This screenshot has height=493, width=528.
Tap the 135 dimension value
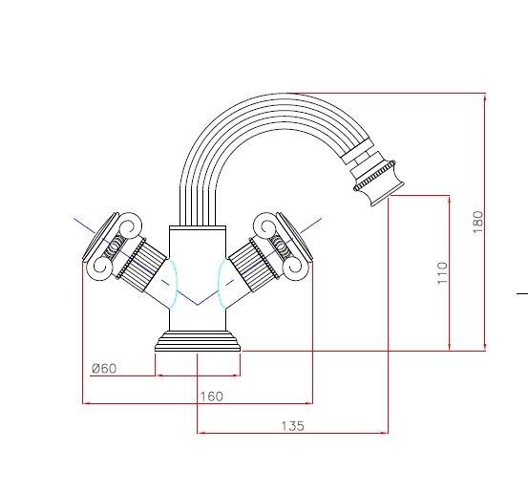tap(292, 426)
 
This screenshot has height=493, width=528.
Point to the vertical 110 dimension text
tap(441, 272)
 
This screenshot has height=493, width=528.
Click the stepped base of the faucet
tap(198, 343)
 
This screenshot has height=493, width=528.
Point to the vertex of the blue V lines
tap(198, 304)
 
